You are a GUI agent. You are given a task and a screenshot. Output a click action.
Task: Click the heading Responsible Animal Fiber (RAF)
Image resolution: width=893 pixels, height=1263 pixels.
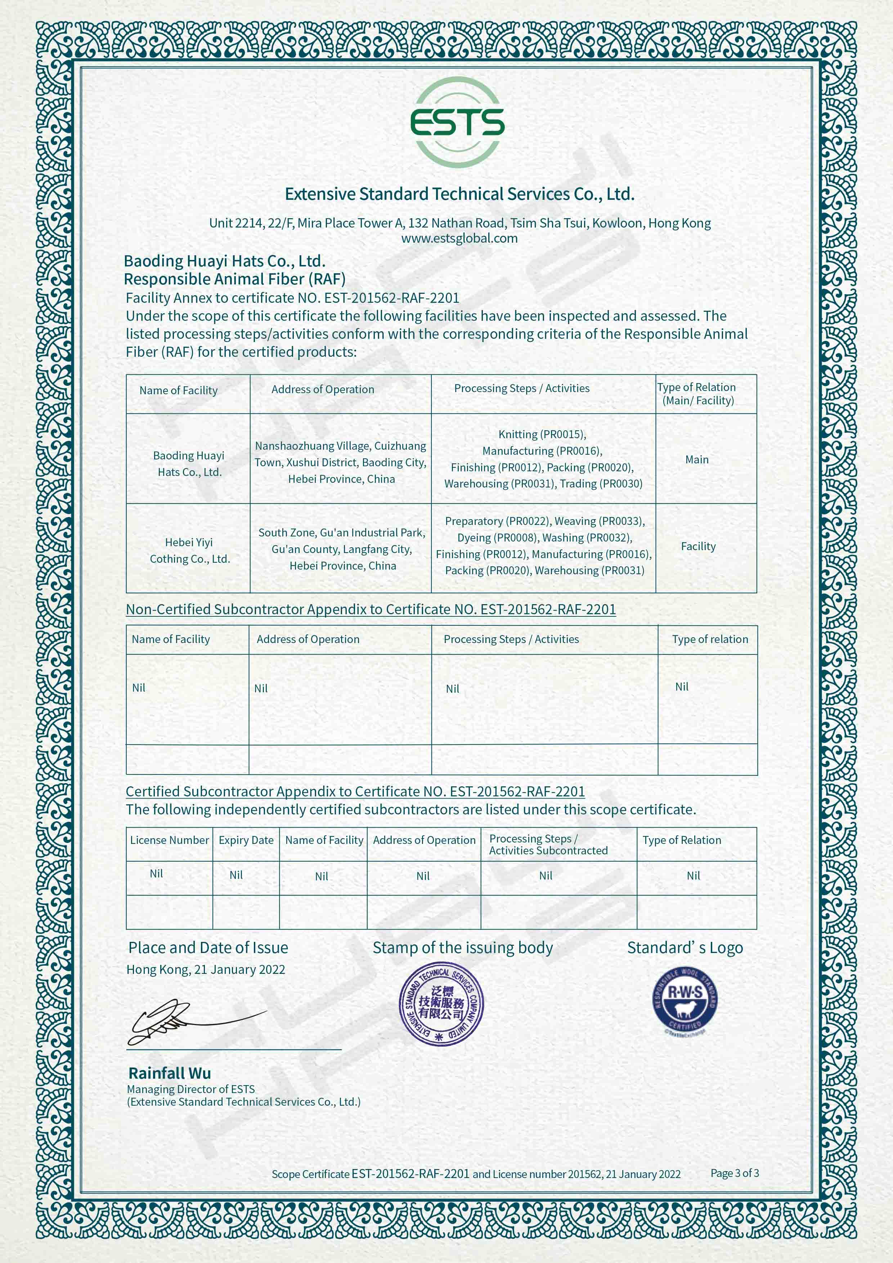(x=234, y=279)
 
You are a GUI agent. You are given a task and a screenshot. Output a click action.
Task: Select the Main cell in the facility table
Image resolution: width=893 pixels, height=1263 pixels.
(x=696, y=459)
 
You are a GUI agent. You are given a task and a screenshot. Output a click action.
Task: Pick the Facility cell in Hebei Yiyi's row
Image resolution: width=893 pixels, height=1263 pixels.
(x=698, y=546)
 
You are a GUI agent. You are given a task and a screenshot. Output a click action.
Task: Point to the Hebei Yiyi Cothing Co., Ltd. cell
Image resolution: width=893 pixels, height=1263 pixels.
(x=189, y=550)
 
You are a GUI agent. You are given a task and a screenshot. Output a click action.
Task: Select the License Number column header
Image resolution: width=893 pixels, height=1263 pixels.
(x=170, y=840)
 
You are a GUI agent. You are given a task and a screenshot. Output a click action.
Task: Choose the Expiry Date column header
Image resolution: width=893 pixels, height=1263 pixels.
(x=246, y=840)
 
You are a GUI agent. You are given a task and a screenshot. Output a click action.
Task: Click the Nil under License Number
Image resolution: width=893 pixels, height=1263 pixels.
(x=156, y=873)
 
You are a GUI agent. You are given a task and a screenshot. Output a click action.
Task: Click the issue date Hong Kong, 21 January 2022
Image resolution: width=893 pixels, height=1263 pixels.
(x=206, y=969)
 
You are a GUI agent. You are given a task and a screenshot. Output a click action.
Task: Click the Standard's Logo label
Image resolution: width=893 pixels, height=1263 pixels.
(x=685, y=948)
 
